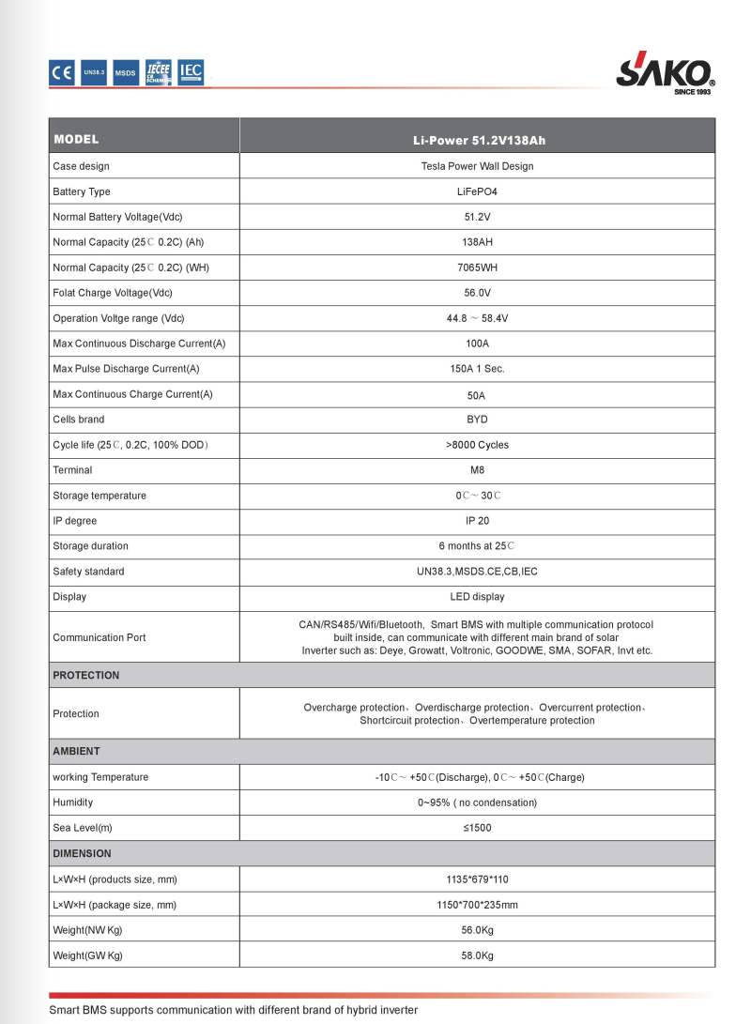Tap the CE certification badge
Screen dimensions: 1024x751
pyautogui.click(x=62, y=72)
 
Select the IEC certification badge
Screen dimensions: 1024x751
pyautogui.click(x=191, y=71)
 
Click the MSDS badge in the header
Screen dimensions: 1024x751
pyautogui.click(x=125, y=72)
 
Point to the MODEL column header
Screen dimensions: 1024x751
pyautogui.click(x=76, y=140)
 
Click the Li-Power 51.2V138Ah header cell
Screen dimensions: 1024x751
pyautogui.click(x=478, y=141)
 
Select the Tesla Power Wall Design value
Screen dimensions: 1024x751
pyautogui.click(x=477, y=166)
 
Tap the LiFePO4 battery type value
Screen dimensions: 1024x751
pyautogui.click(x=477, y=191)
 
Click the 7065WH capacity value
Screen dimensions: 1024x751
pyautogui.click(x=477, y=267)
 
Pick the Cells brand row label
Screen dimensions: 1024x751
pyautogui.click(x=79, y=420)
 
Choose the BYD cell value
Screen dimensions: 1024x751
pyautogui.click(x=477, y=420)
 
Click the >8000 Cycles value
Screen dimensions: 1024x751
pyautogui.click(x=477, y=445)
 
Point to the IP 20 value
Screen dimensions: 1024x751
pyautogui.click(x=477, y=521)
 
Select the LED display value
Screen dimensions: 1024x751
pyautogui.click(x=477, y=597)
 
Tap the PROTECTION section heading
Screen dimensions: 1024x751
pyautogui.click(x=86, y=675)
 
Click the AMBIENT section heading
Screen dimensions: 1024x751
pyautogui.click(x=76, y=751)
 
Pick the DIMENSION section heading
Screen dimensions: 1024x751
pyautogui.click(x=82, y=853)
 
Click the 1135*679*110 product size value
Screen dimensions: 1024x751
pyautogui.click(x=477, y=879)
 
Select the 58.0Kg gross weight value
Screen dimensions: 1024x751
pyautogui.click(x=477, y=955)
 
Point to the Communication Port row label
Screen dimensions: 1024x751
pyautogui.click(x=100, y=637)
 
